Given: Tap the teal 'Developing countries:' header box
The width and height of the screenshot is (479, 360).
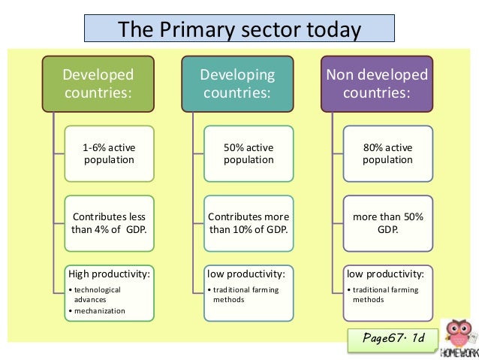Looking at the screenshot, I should pos(237,84).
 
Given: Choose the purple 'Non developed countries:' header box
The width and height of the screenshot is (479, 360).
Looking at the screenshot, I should pos(376,84).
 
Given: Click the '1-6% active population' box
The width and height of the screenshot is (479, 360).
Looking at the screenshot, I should pos(109,153).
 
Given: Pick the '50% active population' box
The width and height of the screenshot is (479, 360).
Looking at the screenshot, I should pos(249,153).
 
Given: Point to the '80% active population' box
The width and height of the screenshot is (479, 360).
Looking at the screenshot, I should pos(387,153).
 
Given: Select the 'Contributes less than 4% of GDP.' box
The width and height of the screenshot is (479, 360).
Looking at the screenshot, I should pos(109,223).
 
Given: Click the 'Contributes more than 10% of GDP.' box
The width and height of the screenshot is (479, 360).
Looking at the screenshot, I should pos(249,223).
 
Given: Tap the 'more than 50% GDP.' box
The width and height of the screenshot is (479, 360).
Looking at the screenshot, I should pos(387,223).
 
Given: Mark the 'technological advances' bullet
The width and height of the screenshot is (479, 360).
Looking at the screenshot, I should pos(94,294).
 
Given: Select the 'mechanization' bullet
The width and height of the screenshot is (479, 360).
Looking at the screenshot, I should pos(98,310).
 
